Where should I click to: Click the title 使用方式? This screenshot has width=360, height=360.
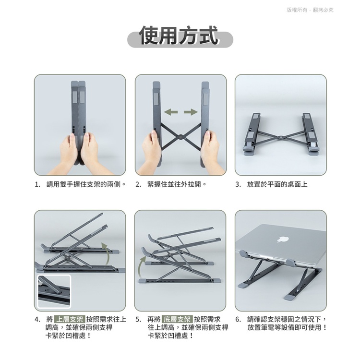click(179, 36)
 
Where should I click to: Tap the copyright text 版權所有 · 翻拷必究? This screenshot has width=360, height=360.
click(310, 10)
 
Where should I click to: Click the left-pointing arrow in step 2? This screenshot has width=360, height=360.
click(171, 112)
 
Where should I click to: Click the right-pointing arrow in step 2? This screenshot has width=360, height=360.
click(191, 112)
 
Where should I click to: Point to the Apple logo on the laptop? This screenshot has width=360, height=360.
click(283, 239)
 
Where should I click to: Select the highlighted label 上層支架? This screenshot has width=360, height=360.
click(70, 319)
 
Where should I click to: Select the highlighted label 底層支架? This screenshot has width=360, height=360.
click(177, 319)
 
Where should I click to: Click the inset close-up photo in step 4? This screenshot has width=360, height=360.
click(54, 291)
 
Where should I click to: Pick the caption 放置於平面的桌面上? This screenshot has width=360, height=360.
click(277, 184)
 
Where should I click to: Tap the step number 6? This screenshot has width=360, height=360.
click(238, 319)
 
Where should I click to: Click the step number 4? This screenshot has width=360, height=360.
click(37, 319)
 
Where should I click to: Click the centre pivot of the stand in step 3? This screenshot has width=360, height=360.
click(280, 137)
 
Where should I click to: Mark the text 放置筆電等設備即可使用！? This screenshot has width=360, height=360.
click(287, 327)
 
